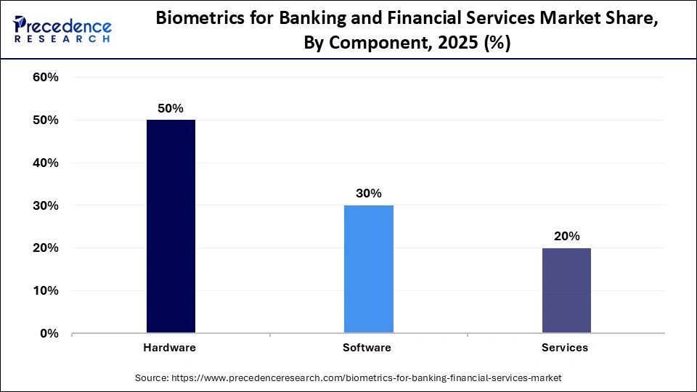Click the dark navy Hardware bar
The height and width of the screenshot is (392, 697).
pyautogui.click(x=171, y=226)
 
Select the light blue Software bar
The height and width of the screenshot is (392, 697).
pyautogui.click(x=368, y=269)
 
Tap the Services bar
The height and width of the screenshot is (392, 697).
pyautogui.click(x=566, y=290)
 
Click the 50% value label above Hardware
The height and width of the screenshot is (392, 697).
pyautogui.click(x=171, y=108)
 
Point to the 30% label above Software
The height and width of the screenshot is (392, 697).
pyautogui.click(x=368, y=193)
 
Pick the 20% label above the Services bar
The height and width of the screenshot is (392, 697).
pyautogui.click(x=566, y=236)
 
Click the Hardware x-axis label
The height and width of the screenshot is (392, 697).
pyautogui.click(x=169, y=348)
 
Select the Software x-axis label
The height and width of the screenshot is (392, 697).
pyautogui.click(x=367, y=348)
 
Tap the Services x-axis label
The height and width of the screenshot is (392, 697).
pyautogui.click(x=565, y=348)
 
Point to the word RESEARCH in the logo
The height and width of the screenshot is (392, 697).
pyautogui.click(x=63, y=39)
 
